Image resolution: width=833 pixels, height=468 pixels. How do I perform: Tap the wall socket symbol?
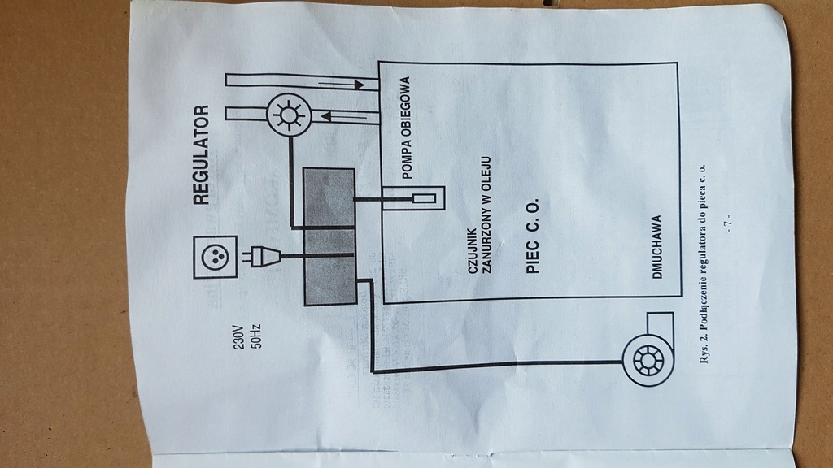pos(215,257)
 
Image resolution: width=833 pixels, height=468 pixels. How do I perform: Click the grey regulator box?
pos(329,236)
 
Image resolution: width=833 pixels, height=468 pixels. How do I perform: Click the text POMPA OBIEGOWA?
pos(405,128)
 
